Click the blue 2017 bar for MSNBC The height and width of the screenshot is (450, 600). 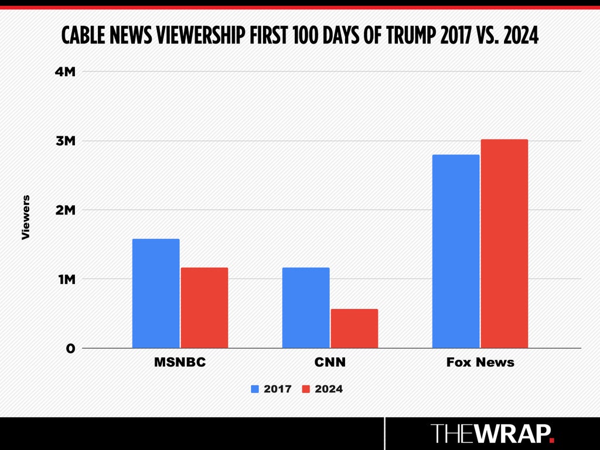point(156,294)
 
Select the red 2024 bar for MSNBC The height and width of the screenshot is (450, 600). point(204,308)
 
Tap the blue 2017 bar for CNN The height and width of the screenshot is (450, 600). point(306,308)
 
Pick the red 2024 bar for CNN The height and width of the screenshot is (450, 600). point(354,328)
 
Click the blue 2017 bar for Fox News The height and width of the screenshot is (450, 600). point(456,251)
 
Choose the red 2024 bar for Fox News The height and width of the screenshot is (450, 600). point(504,244)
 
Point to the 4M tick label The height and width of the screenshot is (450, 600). point(65,71)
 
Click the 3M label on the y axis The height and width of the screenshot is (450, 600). point(66,141)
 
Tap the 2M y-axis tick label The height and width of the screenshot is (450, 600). point(66,210)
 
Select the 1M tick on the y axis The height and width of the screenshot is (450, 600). point(67,279)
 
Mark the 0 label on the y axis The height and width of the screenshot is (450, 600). point(70,349)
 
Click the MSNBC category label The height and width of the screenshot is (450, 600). point(180,362)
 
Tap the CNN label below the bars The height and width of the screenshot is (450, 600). point(330,362)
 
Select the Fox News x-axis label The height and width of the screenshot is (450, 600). point(480,362)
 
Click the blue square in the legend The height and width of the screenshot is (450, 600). point(255,389)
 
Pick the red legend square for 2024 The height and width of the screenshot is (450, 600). point(306,389)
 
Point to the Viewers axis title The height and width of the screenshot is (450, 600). point(26,217)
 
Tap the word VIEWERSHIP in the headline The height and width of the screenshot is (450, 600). point(200,36)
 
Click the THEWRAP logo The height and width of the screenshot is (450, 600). point(492,433)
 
